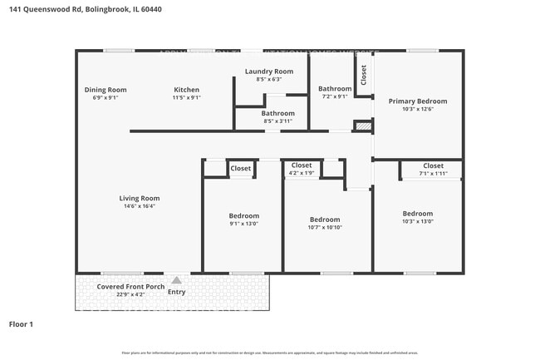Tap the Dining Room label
click(106, 90)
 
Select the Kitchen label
click(186, 90)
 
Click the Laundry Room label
click(269, 72)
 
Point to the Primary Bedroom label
click(418, 101)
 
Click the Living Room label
click(139, 198)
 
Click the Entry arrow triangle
click(176, 280)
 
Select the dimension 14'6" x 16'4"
click(139, 206)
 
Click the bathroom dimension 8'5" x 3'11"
click(277, 121)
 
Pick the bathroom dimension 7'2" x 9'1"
click(336, 96)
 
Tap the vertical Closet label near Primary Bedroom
click(364, 75)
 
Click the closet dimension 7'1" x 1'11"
click(433, 174)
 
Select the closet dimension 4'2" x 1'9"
click(301, 174)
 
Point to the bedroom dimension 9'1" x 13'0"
click(244, 224)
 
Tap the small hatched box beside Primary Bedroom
click(361, 126)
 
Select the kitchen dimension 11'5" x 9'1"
click(186, 97)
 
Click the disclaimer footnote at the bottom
click(270, 352)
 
